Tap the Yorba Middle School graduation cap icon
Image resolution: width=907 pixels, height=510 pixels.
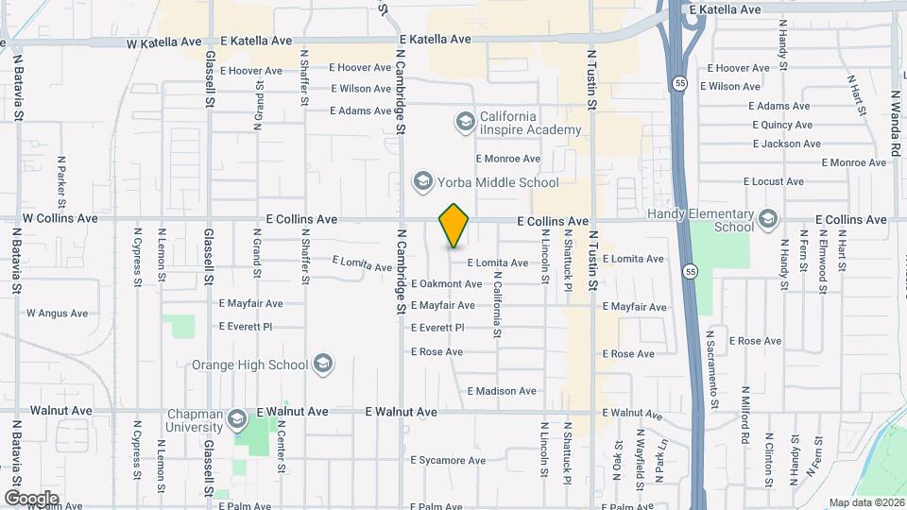[421, 181]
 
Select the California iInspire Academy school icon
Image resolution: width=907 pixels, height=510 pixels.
[464, 121]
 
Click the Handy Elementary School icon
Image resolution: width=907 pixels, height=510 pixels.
[767, 219]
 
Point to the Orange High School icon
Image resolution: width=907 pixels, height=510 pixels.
[323, 364]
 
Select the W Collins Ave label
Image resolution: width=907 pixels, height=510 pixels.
[60, 218]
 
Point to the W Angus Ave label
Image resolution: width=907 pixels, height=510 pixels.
[57, 314]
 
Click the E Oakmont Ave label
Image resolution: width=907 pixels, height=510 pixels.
[447, 283]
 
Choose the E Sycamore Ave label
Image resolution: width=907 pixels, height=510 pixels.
[448, 461]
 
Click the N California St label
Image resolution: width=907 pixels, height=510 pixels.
[497, 305]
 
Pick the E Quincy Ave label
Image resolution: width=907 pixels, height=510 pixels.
[782, 125]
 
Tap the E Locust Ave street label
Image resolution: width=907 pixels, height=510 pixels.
[774, 181]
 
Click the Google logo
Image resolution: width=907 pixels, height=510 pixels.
[31, 498]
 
